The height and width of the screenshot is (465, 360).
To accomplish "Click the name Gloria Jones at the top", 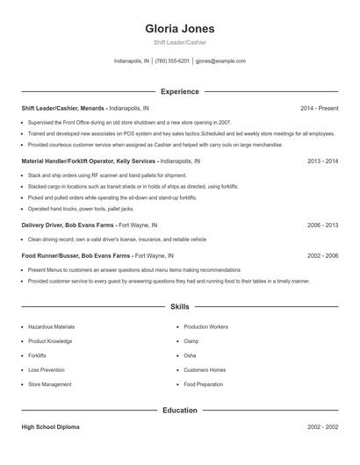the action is point(179,28).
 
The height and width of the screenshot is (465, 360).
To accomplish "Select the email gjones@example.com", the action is point(220,61).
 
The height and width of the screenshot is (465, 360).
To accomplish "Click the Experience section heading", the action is point(179,91).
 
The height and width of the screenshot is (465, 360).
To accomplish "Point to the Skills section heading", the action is point(179,307).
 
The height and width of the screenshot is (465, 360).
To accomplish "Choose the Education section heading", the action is point(179,410).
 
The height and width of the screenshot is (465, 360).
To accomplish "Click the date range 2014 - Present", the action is point(319,108).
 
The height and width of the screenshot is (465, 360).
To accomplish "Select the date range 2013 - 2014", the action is point(322,161).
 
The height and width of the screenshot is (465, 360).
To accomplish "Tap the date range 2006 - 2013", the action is point(322,225).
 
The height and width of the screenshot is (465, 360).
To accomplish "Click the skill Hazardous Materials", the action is point(51,326).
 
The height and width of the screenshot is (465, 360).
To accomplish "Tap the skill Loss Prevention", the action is point(47,369).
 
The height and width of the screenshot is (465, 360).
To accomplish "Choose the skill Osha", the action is point(190,355).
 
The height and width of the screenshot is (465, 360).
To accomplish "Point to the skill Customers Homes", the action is point(205,369).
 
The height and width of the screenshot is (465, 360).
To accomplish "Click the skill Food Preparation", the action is point(203,384).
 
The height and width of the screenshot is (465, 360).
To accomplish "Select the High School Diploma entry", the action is point(50,426).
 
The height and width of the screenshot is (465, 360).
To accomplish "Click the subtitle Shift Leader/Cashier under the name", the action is point(179,43).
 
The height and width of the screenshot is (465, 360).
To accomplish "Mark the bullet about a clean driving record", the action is point(117,239).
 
